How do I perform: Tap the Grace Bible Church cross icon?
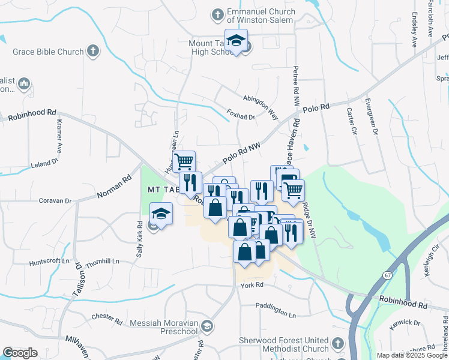(92, 51)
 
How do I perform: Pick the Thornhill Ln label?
(102, 262)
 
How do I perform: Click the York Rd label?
(252, 285)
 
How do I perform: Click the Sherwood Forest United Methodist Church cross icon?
(337, 344)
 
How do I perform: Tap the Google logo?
(20, 353)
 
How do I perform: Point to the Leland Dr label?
(44, 163)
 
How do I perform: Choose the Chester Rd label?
(107, 316)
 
